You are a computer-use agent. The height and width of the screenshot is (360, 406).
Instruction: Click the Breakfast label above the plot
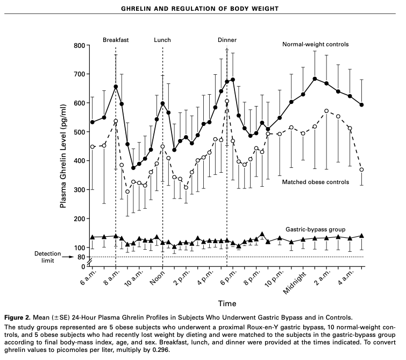point(115,40)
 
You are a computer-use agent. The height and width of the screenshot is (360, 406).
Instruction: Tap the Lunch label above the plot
point(162,40)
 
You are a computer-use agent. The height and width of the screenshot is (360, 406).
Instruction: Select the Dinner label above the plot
point(227,40)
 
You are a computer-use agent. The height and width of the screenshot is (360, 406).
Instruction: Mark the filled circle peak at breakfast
point(116,87)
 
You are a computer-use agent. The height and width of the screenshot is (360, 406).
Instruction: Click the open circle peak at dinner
point(227,101)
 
